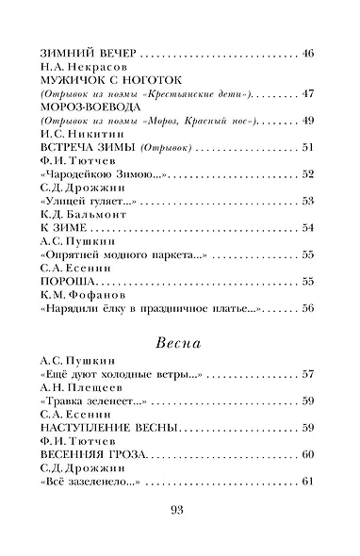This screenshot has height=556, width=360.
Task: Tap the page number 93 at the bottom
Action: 180,513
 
